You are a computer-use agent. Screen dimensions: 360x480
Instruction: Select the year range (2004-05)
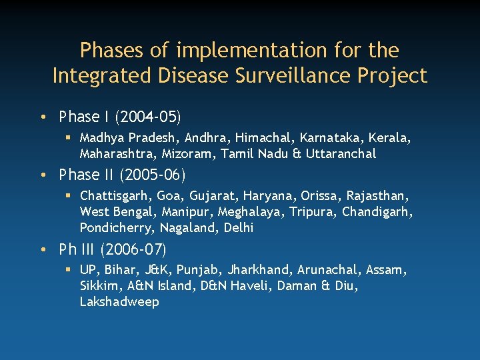tap(148, 117)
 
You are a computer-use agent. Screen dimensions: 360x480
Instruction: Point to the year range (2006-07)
tap(133, 250)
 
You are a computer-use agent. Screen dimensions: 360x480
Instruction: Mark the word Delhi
tap(238, 228)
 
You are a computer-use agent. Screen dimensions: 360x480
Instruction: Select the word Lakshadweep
tap(119, 302)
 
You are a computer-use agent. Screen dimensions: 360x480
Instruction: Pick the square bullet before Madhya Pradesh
tap(69, 138)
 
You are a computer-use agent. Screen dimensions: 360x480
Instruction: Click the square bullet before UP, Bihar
tap(69, 271)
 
